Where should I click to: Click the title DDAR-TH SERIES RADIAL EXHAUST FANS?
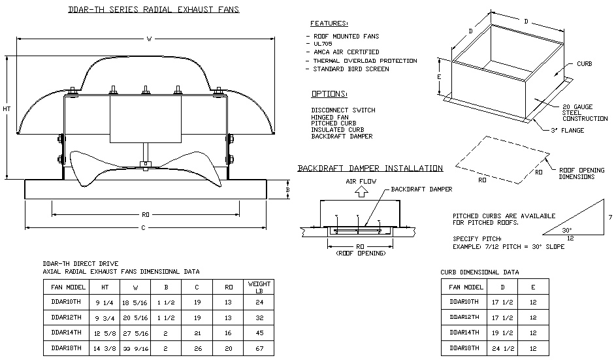click(154, 10)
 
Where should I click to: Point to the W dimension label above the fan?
click(149, 39)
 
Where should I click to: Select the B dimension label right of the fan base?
click(288, 189)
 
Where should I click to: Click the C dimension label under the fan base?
click(144, 227)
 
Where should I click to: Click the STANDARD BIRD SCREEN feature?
click(351, 69)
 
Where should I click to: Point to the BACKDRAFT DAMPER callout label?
click(421, 189)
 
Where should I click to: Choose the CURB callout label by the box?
click(584, 64)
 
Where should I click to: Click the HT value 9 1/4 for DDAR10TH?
click(104, 302)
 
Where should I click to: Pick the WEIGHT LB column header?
click(259, 287)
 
